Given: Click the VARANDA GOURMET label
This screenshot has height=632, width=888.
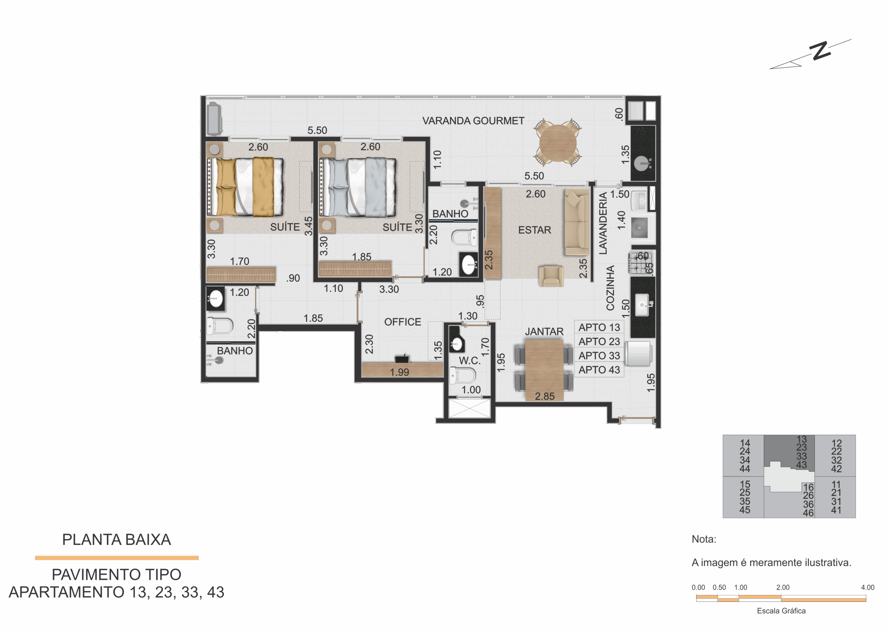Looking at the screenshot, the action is coord(473,121).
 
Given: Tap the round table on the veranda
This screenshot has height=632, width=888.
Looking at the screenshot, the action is coord(558,143).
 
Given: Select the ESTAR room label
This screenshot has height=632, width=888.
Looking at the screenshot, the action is coord(534,230).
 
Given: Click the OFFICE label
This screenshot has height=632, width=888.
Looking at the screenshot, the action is coord(402,322).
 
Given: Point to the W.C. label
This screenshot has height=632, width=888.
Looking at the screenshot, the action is coord(470,360).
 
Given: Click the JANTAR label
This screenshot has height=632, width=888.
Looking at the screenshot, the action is coord(544,332).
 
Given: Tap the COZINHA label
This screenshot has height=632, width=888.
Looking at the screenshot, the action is coord(610,288).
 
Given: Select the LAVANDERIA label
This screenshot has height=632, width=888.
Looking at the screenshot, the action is coord(603,223).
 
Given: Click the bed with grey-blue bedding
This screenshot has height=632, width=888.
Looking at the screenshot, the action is coord(358,187).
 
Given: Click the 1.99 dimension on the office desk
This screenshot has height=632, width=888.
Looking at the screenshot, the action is coord(400,372).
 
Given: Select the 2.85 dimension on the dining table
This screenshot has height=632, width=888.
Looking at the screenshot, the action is coord(544,396).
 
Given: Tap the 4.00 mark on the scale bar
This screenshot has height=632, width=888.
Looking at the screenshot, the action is coord(868,587).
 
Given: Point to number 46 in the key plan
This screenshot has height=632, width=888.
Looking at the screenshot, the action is coord(808,513).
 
